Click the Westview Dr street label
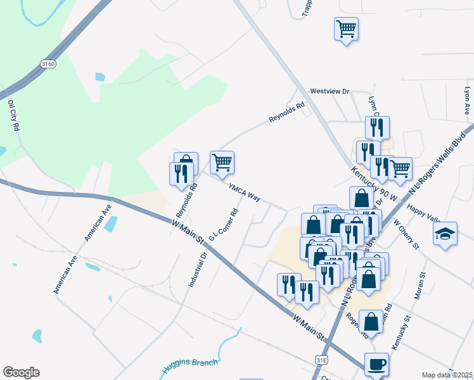(x=330, y=91)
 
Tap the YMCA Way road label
(x=245, y=193)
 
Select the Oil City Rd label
(x=13, y=115)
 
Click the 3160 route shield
(x=47, y=65)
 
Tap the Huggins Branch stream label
(x=190, y=365)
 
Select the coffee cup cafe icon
(x=377, y=364)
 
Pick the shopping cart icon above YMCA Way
(x=222, y=162)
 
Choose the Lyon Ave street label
(x=467, y=101)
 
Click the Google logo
(x=21, y=372)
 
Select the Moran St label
(x=423, y=278)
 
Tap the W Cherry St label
(x=406, y=233)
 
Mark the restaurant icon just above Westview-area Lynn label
(x=377, y=127)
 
